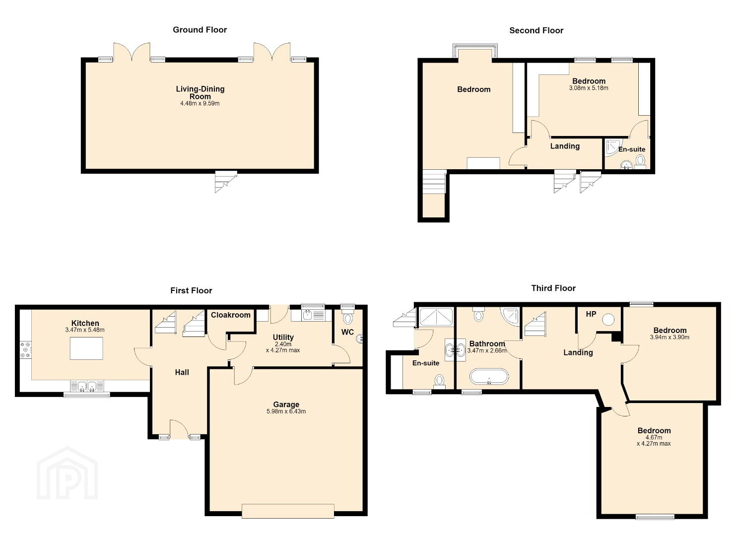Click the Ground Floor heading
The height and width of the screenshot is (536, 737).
coord(200,30)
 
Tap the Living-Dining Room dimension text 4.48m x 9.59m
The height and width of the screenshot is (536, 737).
coord(200,103)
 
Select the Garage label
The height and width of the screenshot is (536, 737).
coord(286,404)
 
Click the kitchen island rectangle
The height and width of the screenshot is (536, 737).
coord(86,348)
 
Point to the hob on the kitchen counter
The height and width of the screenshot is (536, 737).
coord(26,350)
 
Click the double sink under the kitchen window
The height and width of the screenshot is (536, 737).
coord(87,386)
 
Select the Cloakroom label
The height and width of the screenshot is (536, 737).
coord(231,315)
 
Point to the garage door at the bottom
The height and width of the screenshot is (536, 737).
coord(288,511)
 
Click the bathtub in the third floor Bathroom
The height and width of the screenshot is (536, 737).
coord(489,376)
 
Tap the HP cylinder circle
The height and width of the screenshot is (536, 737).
coord(608,319)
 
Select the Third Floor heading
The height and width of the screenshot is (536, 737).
coord(553,288)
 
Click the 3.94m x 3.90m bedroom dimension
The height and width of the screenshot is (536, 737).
coord(670,337)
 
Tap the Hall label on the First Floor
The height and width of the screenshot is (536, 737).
coord(182,372)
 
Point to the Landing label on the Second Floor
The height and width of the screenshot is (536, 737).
coord(565,146)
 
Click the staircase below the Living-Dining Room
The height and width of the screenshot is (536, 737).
coord(226,181)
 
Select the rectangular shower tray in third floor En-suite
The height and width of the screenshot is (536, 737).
coord(437,317)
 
